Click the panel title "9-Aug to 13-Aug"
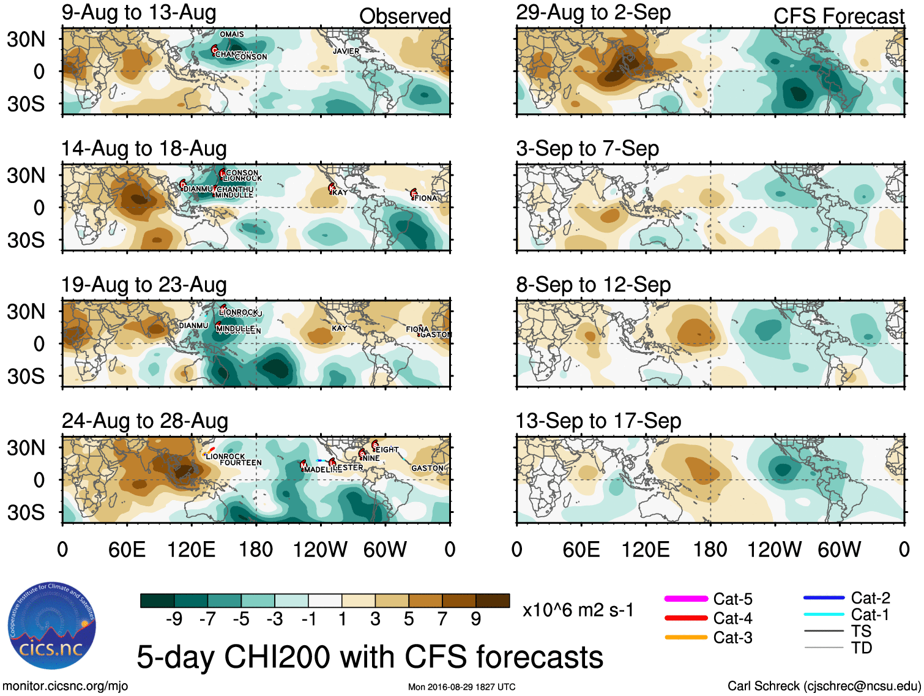(x=139, y=12)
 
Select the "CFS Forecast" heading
(x=838, y=17)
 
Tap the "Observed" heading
(x=404, y=17)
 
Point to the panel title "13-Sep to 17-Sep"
(x=598, y=421)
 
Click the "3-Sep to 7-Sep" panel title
(x=587, y=149)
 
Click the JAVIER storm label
(x=346, y=51)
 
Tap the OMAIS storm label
(x=232, y=34)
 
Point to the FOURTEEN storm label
(x=240, y=463)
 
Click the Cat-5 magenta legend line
(x=686, y=599)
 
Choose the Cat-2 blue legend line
(x=824, y=597)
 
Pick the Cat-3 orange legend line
(x=686, y=637)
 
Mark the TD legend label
(x=862, y=648)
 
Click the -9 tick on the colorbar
(x=174, y=619)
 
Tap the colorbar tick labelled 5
(x=409, y=619)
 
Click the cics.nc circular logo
(x=52, y=626)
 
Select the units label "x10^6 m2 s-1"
(x=578, y=610)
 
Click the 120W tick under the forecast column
(x=774, y=550)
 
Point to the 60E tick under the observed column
(x=127, y=550)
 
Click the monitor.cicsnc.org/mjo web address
(x=65, y=686)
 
